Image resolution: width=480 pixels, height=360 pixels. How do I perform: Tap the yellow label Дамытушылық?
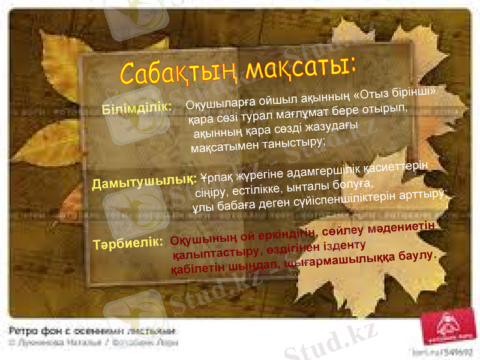pyautogui.click(x=144, y=180)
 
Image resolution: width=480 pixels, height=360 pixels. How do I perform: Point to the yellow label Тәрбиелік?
pyautogui.click(x=128, y=244)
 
